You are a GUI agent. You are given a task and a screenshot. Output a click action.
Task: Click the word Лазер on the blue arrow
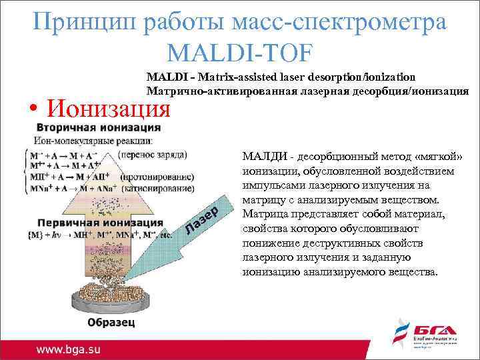[x=211, y=218]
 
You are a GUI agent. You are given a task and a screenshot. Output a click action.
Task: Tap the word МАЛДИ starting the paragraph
[x=265, y=156]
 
